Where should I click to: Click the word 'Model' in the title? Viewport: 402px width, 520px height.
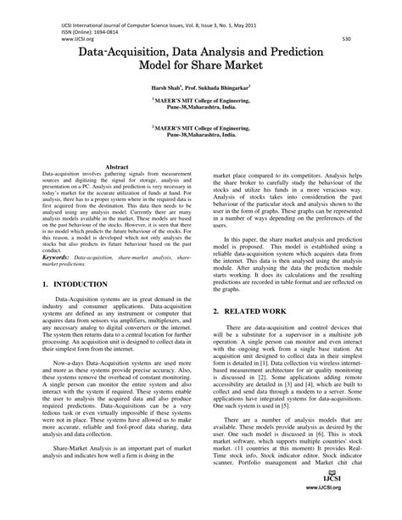click(168, 70)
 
